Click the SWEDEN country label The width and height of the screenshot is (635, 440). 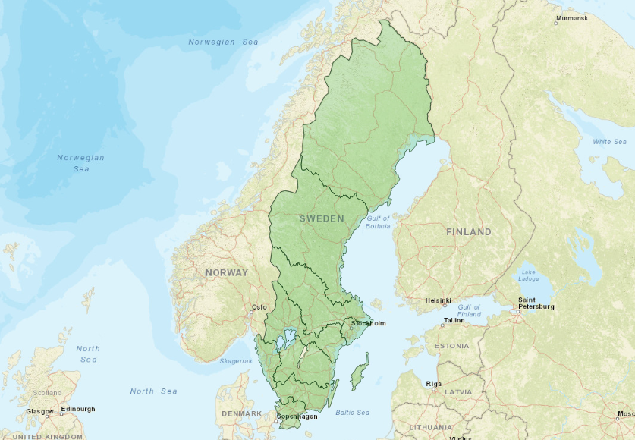322,218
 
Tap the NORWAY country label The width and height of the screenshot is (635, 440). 226,272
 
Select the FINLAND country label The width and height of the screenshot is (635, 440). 468,231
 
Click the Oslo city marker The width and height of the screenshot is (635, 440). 252,311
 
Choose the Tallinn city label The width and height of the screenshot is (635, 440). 454,320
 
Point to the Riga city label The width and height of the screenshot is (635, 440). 433,384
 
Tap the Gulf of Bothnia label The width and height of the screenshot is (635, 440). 378,222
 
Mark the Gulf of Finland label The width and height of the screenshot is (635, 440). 469,310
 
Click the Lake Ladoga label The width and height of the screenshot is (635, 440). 528,275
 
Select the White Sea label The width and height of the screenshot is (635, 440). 610,142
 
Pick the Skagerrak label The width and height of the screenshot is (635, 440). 236,361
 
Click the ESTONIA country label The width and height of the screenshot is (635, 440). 451,346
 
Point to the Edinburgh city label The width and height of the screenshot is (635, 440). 79,409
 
